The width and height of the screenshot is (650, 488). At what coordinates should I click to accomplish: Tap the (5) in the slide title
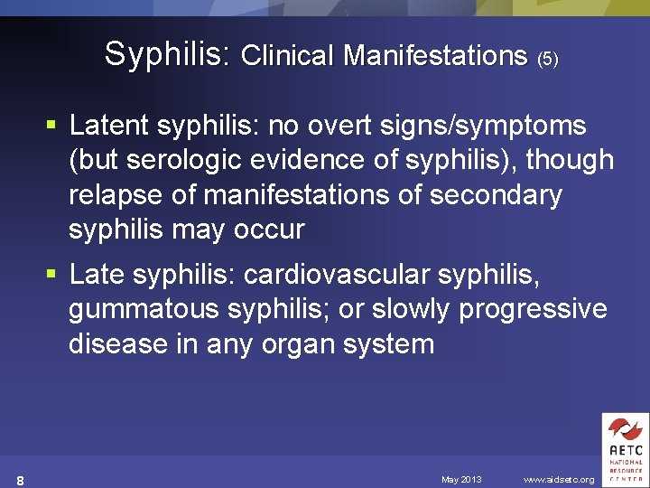pos(547,60)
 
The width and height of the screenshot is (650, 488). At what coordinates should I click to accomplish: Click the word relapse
pos(117,195)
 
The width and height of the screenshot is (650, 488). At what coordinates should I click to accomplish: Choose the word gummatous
pos(144,309)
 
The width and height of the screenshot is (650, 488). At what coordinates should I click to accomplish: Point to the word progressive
pos(533,309)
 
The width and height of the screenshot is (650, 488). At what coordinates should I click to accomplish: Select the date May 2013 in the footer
pos(461,479)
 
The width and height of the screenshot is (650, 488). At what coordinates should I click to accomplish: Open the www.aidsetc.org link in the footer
pos(559,479)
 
